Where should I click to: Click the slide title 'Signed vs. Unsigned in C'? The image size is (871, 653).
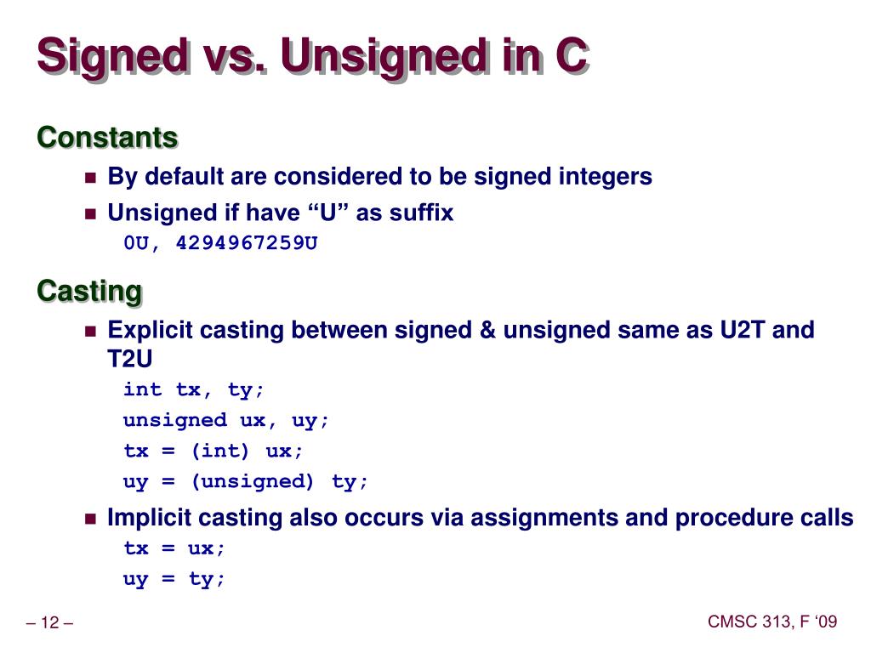coord(311,57)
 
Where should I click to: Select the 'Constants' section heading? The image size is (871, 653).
coord(107,137)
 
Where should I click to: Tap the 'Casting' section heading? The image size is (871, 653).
coord(89,291)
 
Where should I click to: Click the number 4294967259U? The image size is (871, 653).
coord(247,243)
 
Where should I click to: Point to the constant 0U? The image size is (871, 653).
coord(139,243)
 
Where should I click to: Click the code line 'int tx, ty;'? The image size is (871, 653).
coord(194,389)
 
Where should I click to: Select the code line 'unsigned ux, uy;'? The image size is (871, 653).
coord(226,420)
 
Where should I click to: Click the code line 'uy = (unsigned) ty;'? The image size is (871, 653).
coord(247,481)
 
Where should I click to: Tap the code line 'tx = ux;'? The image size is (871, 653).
coord(175,548)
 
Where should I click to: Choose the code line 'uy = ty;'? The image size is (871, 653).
coord(175,579)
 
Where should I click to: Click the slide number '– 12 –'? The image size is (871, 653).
coord(50,624)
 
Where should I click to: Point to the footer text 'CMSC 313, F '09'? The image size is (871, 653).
coord(772,622)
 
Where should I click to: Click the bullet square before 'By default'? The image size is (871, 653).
coord(91,178)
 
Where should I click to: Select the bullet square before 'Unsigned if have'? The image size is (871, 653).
coord(91,213)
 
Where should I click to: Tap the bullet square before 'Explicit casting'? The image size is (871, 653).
coord(91,331)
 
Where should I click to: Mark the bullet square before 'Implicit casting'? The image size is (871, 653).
coord(91,519)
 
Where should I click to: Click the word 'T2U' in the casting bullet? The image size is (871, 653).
coord(130,359)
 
